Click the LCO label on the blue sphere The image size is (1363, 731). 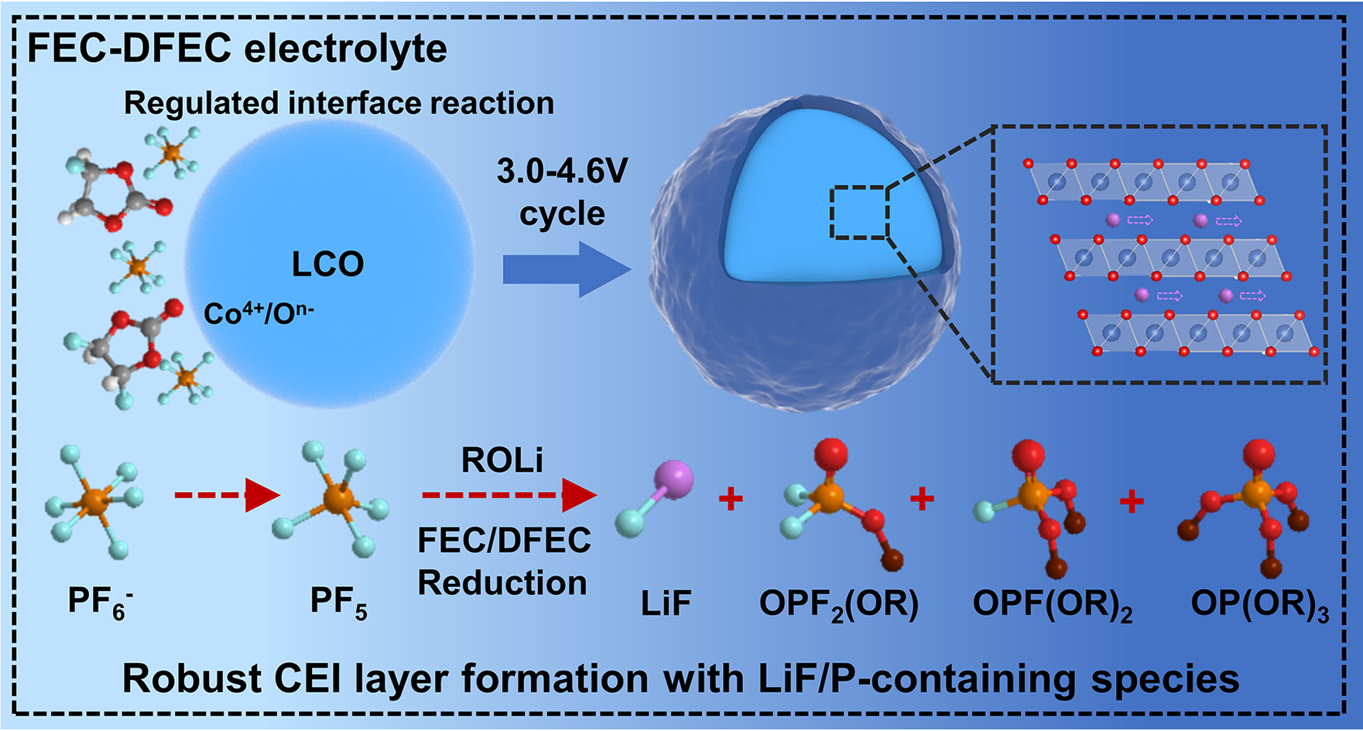point(327,265)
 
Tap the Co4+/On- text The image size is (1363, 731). point(259,313)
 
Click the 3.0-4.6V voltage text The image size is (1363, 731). point(562,171)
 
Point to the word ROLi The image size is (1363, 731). point(502,461)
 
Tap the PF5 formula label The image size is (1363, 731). point(338,602)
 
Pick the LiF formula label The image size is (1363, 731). point(666,603)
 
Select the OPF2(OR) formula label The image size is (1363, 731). point(839,603)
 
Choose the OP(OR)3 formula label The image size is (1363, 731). point(1259,603)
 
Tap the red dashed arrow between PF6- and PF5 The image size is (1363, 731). point(226,495)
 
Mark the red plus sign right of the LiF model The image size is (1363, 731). point(731,499)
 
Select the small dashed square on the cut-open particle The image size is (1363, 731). point(859,212)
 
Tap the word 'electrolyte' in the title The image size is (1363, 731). point(345,48)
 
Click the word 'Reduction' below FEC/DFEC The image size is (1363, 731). point(502,583)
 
